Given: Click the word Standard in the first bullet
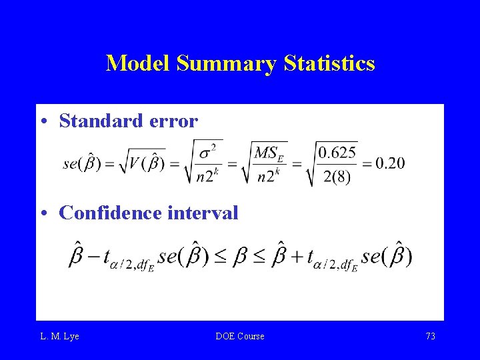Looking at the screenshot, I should (101, 121).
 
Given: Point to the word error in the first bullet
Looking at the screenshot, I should (173, 121).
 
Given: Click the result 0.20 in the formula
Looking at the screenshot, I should (390, 163).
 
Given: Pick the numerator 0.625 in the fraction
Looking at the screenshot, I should (337, 153).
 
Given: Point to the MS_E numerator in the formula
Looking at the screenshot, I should (269, 153).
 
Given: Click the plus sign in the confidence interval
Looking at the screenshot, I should (295, 256).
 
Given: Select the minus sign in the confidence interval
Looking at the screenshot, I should (93, 256).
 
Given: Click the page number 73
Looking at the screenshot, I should (430, 336).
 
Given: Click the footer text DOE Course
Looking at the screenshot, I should (240, 336).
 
